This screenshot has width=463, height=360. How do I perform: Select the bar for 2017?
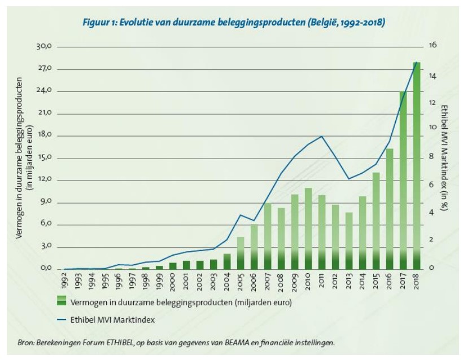[404, 181]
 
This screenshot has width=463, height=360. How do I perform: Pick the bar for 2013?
[349, 241]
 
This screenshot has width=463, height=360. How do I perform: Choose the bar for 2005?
[241, 253]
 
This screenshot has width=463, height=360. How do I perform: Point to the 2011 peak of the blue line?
[322, 136]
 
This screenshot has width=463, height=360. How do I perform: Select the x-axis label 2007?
[268, 280]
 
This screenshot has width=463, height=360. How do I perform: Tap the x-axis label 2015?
[377, 280]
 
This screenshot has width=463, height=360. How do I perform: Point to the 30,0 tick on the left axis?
[45, 47]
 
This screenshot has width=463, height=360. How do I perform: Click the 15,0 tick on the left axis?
[45, 158]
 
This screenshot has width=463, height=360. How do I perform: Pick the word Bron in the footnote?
[26, 342]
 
